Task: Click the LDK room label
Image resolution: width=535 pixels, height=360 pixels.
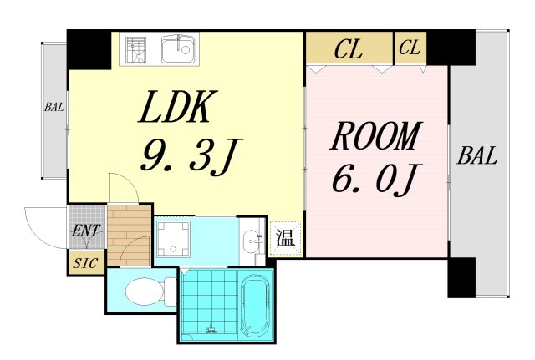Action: pyautogui.click(x=178, y=109)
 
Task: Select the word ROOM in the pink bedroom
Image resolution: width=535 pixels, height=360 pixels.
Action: pyautogui.click(x=376, y=136)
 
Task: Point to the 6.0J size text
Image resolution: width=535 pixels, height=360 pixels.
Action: pyautogui.click(x=376, y=178)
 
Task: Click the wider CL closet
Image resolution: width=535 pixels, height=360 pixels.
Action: pyautogui.click(x=349, y=50)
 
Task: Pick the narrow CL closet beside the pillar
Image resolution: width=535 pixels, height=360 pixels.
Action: pyautogui.click(x=410, y=48)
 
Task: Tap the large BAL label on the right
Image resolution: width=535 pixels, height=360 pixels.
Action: pyautogui.click(x=478, y=155)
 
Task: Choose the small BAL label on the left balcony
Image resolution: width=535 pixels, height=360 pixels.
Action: pyautogui.click(x=53, y=107)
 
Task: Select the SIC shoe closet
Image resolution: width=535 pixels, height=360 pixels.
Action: pyautogui.click(x=84, y=263)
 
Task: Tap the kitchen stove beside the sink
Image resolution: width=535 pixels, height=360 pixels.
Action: pyautogui.click(x=136, y=49)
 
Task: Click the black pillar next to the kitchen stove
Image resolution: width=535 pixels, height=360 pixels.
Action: pyautogui.click(x=89, y=49)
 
